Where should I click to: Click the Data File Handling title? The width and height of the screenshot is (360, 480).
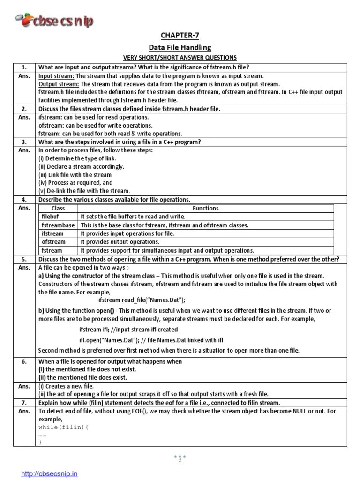[180, 47]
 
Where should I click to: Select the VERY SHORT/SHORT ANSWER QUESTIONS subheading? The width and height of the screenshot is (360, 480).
[180, 58]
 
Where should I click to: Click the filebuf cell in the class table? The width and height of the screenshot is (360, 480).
[51, 217]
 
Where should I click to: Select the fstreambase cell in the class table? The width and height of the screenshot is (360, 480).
[58, 225]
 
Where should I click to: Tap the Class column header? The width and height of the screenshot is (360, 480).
[58, 208]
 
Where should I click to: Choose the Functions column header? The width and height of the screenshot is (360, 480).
[205, 208]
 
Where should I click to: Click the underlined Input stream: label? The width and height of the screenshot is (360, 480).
[56, 75]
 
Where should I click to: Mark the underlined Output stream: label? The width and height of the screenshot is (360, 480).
[58, 83]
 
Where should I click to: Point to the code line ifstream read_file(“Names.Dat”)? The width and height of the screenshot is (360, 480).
[142, 300]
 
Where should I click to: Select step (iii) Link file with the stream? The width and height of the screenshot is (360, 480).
[75, 175]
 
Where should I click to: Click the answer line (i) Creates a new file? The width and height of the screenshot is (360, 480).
[66, 386]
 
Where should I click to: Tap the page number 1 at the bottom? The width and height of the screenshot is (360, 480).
[180, 461]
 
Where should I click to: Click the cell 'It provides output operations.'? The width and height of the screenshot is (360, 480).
[120, 242]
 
